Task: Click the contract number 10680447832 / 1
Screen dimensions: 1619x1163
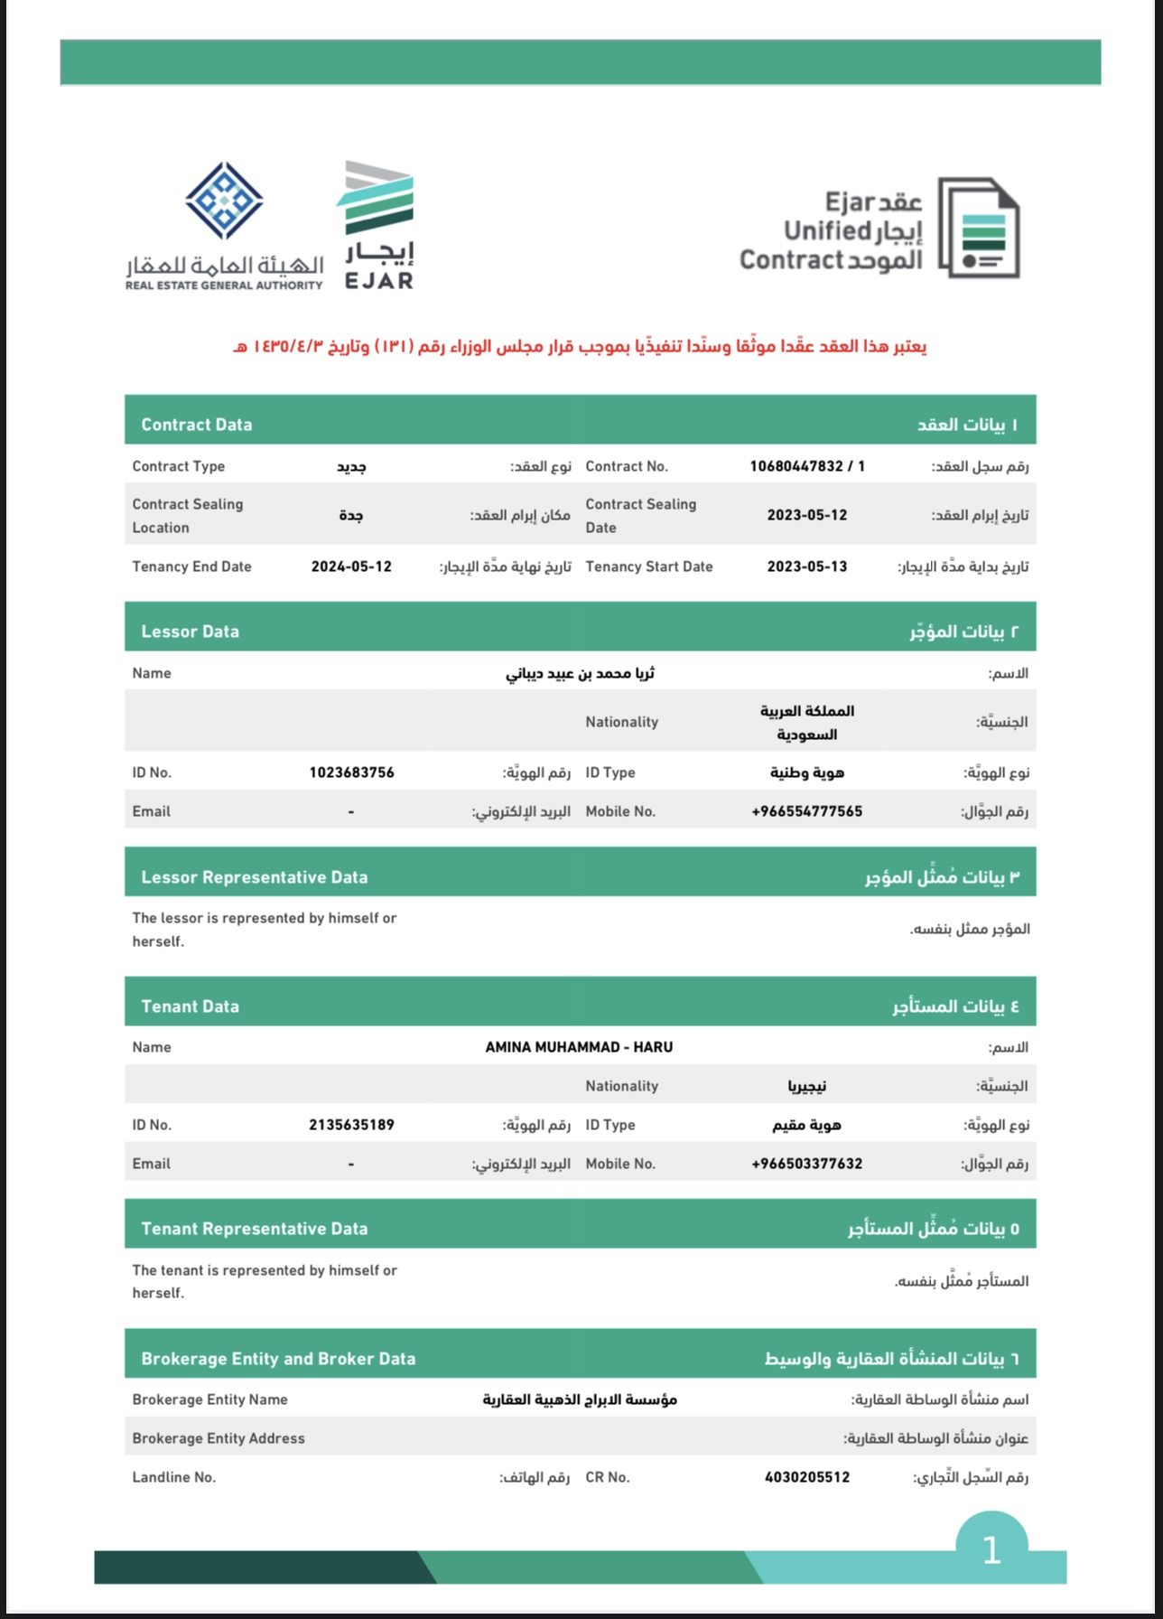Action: pyautogui.click(x=806, y=466)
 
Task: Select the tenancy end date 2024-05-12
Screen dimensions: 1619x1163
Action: pyautogui.click(x=351, y=566)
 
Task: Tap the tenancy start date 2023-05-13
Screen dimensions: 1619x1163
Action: pyautogui.click(x=806, y=566)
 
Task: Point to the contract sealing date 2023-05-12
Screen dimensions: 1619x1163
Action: pyautogui.click(x=806, y=515)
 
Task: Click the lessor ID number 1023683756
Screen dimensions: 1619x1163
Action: pyautogui.click(x=351, y=772)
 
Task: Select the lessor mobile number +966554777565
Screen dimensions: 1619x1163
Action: pyautogui.click(x=806, y=811)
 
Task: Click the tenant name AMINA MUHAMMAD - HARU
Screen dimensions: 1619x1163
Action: pyautogui.click(x=579, y=1047)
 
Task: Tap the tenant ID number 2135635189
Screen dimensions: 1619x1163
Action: pyautogui.click(x=351, y=1125)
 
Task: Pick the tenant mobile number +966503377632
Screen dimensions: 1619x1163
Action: pyautogui.click(x=806, y=1164)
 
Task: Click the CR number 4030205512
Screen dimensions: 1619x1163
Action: pyautogui.click(x=806, y=1477)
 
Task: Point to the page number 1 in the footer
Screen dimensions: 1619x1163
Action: pyautogui.click(x=991, y=1550)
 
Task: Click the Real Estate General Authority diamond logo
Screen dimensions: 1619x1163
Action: pyautogui.click(x=224, y=201)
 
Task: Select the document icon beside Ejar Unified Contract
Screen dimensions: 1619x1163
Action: pyautogui.click(x=979, y=228)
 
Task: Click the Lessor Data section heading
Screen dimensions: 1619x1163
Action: pyautogui.click(x=190, y=632)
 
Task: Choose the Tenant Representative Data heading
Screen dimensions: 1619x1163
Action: pyautogui.click(x=254, y=1229)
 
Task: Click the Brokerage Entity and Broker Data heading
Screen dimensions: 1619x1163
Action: pyautogui.click(x=278, y=1359)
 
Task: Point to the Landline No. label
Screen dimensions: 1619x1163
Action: pyautogui.click(x=173, y=1477)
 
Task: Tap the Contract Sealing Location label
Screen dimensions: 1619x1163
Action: pyautogui.click(x=187, y=515)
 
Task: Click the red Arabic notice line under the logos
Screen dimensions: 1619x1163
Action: pyautogui.click(x=580, y=346)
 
